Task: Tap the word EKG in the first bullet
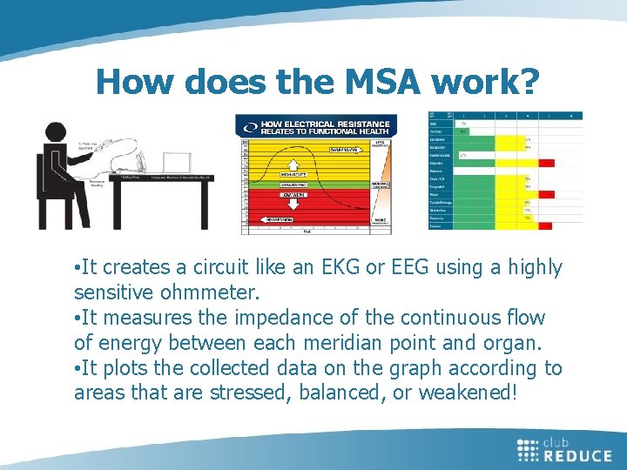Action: (324, 268)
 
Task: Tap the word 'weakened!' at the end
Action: (469, 393)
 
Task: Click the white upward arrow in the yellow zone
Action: (293, 163)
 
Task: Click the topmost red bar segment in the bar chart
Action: (546, 163)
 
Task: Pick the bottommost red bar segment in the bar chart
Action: (546, 225)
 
